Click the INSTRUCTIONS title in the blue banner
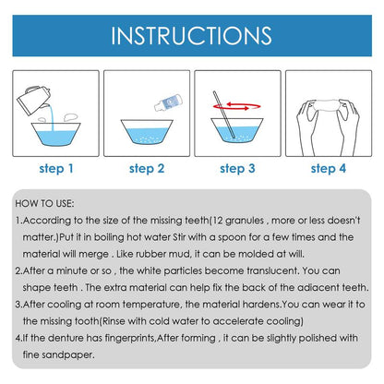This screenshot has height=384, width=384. (192, 36)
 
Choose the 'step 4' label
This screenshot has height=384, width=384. (328, 168)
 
